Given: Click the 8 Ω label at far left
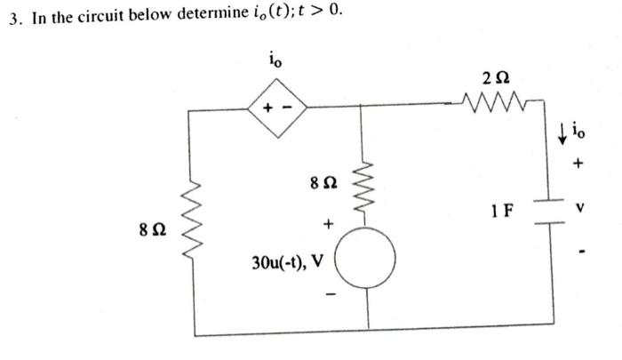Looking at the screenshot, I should pyautogui.click(x=152, y=230).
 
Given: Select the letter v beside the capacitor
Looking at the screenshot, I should pyautogui.click(x=582, y=211).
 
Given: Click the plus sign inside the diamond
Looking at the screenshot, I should pyautogui.click(x=271, y=110).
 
